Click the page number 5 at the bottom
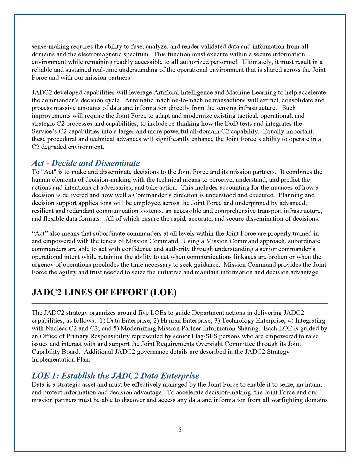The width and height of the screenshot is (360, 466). tap(180, 430)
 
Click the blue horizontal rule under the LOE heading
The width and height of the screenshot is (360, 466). tap(180, 303)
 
